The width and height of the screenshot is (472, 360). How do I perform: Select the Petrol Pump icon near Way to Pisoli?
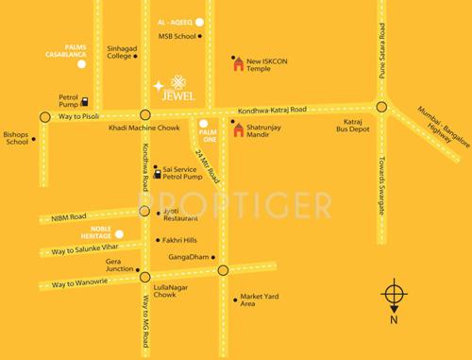86,101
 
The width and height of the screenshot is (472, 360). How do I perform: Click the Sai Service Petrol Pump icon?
158,172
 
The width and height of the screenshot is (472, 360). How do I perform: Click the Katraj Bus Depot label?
362,129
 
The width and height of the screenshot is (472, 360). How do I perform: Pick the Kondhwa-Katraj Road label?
273,111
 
